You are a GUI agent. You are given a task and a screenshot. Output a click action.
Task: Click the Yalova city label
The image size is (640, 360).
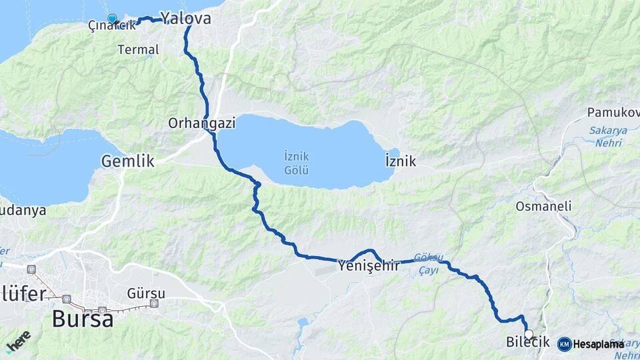pos(185,18)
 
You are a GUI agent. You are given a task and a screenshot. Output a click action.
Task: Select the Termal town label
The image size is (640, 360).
pos(138,49)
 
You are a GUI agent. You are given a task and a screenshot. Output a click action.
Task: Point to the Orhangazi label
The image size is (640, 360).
pos(194,123)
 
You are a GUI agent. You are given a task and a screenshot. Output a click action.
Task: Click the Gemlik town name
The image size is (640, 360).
pos(127,161)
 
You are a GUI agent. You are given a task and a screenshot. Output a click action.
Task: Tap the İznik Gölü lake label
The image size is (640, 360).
pos(295,163)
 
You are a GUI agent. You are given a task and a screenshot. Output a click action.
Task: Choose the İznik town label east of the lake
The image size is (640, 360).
pos(401,161)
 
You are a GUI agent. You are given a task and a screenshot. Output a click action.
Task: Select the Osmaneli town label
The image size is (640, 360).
pos(543,207)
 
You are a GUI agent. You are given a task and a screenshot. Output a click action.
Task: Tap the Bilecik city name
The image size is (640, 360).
pos(527,343)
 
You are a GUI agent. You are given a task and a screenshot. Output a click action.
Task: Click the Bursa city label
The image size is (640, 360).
pos(82,319)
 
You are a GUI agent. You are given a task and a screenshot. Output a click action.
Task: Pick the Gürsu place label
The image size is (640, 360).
pos(146,293)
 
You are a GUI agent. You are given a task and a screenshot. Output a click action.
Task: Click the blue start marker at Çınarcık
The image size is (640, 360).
pos(112,19)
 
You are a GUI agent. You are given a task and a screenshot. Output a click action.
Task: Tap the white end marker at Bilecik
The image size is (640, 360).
pos(529,334)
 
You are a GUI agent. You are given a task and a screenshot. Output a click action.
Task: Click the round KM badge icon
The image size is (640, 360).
pos(564,344)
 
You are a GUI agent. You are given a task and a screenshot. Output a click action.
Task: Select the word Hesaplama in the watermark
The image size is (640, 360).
pos(598,344)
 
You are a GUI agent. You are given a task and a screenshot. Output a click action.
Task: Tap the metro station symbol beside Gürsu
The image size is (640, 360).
pos(155,304)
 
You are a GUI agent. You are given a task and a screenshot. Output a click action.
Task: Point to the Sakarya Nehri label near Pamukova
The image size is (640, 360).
pos(608,135)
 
